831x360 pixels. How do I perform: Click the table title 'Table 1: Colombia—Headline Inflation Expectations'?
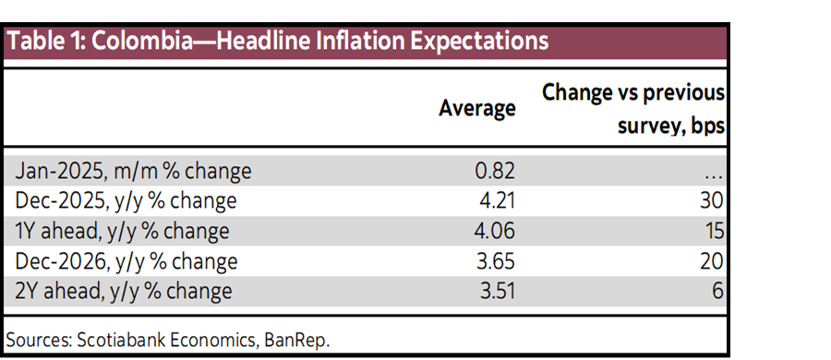point(278,42)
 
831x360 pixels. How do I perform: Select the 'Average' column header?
point(476,108)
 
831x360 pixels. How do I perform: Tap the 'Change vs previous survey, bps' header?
point(632,108)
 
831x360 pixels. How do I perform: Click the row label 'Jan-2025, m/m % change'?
point(134,171)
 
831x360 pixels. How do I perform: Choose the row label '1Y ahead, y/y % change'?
point(123,232)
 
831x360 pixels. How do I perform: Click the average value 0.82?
point(491,171)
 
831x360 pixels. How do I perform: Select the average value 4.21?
point(491,201)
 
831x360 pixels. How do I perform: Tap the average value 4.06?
point(491,232)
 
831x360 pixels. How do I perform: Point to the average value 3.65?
point(491,262)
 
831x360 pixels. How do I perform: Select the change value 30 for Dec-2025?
point(711,201)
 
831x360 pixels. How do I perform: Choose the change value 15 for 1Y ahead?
point(711,232)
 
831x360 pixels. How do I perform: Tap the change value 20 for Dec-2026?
point(711,262)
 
